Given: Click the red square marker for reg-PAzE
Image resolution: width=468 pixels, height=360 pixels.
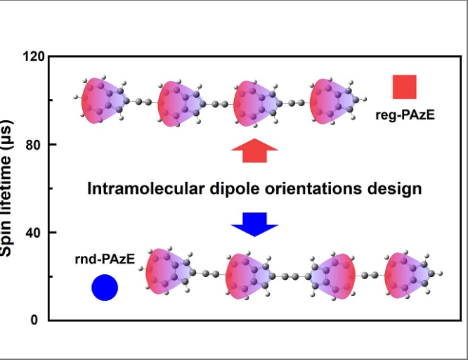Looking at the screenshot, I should (405, 86).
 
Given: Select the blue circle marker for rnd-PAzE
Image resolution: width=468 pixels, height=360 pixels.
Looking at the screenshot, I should (105, 287).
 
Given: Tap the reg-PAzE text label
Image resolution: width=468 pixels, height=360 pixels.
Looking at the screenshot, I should (405, 112).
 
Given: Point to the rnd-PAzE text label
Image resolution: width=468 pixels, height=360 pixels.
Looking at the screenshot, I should (105, 260).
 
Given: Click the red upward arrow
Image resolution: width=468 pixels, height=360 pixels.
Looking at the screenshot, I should (254, 150).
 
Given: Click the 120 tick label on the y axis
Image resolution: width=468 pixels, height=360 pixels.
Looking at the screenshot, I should (34, 56).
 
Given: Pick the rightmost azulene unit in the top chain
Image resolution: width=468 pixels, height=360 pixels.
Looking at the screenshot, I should (334, 101).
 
